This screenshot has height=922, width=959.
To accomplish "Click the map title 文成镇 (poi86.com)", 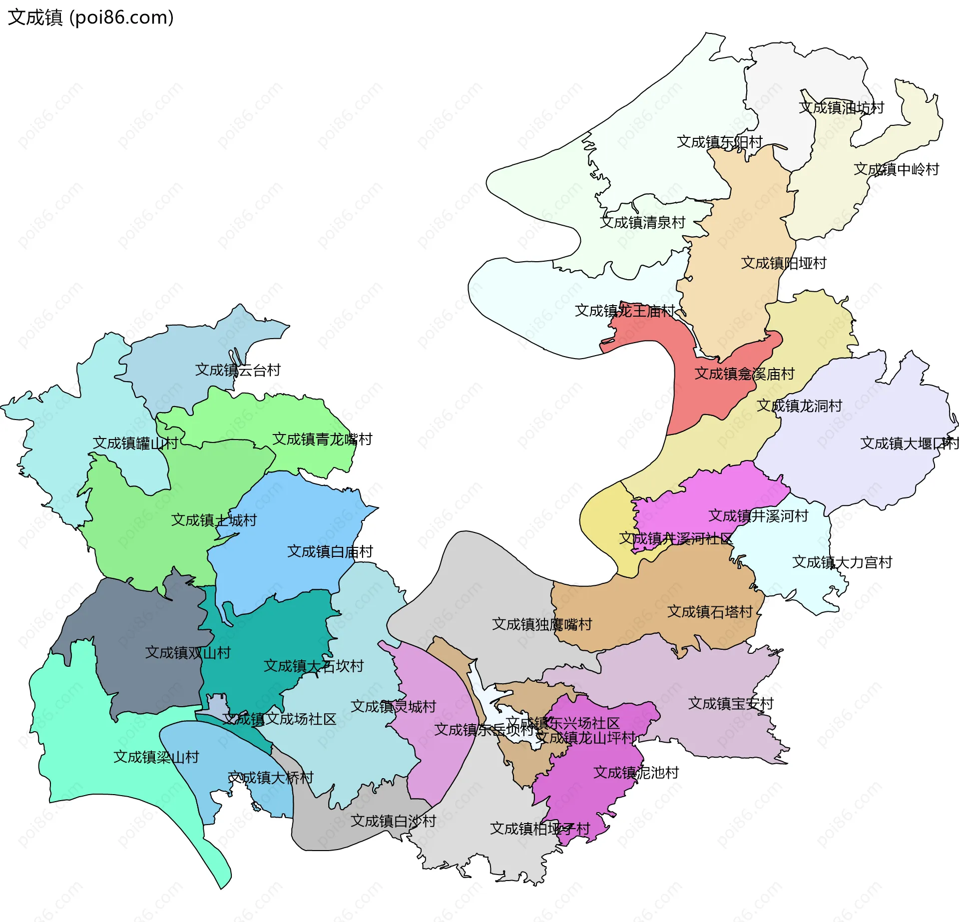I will pyautogui.click(x=90, y=17).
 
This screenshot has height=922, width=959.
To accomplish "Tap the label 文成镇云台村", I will pyautogui.click(x=238, y=370).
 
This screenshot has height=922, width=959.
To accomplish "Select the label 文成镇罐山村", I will pyautogui.click(x=135, y=443).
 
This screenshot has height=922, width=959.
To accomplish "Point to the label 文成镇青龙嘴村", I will pyautogui.click(x=322, y=439).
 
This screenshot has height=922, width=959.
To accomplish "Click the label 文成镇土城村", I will pyautogui.click(x=214, y=520).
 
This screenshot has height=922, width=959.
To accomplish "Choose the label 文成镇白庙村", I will pyautogui.click(x=330, y=551).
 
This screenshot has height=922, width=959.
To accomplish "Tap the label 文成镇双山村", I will pyautogui.click(x=188, y=652).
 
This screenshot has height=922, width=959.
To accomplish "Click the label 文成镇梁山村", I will pyautogui.click(x=156, y=757).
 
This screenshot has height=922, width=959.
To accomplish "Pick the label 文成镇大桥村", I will pyautogui.click(x=270, y=777).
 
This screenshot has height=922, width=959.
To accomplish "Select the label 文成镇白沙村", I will pyautogui.click(x=393, y=821).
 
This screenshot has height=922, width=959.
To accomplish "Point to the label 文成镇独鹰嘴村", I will pyautogui.click(x=542, y=624).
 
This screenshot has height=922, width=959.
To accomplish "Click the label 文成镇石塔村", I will pyautogui.click(x=710, y=611).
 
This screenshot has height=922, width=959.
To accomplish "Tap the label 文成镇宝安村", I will pyautogui.click(x=731, y=703).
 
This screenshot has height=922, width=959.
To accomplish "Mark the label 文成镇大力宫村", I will pyautogui.click(x=842, y=562).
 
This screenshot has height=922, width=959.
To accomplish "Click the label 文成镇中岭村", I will pyautogui.click(x=896, y=169).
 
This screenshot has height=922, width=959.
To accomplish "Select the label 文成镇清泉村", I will pyautogui.click(x=642, y=222).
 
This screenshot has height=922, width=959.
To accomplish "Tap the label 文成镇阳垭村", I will pyautogui.click(x=783, y=263).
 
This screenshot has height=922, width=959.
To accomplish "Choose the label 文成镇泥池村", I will pyautogui.click(x=636, y=772).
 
